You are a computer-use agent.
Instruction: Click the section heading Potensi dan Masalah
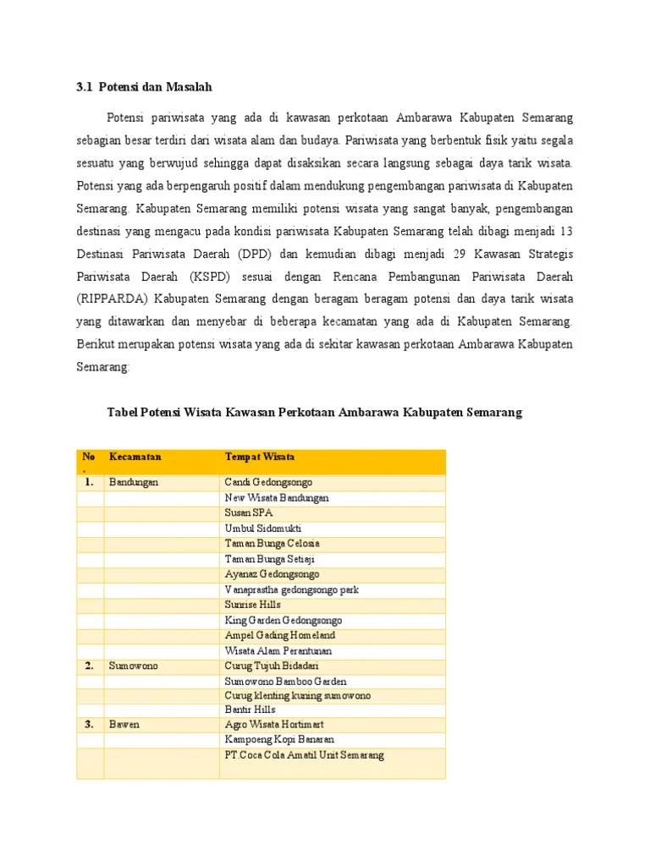[x=144, y=86]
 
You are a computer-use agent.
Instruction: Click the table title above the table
[x=314, y=413]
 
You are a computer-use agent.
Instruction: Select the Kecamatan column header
[x=135, y=457]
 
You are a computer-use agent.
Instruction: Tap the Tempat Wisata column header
[x=260, y=457]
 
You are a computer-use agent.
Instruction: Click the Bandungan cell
[x=134, y=482]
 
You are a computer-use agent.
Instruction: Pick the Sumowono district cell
[x=133, y=666]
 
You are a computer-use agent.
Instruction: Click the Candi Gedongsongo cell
[x=267, y=482]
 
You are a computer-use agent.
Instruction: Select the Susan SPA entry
[x=249, y=512]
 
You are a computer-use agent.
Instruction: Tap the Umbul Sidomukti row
[x=262, y=528]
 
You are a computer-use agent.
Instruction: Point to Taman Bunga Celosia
[x=272, y=543]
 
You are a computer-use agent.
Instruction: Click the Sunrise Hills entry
[x=252, y=605]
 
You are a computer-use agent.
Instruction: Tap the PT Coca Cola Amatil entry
[x=304, y=755]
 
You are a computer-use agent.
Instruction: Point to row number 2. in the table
[x=89, y=666]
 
